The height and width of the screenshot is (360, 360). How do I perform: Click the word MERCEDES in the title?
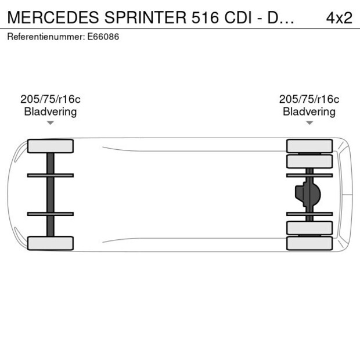pyautogui.click(x=53, y=17)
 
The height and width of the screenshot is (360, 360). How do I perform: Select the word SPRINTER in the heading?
pyautogui.click(x=146, y=17)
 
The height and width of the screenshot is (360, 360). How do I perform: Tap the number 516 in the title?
pyautogui.click(x=205, y=17)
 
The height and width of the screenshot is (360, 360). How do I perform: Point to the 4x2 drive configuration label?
pyautogui.click(x=339, y=17)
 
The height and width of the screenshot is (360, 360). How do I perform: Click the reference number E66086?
pyautogui.click(x=103, y=37)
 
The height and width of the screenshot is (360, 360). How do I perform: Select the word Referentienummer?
pyautogui.click(x=46, y=37)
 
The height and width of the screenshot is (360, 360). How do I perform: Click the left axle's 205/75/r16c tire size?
pyautogui.click(x=51, y=99)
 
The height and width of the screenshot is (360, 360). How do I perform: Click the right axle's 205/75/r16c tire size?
pyautogui.click(x=309, y=99)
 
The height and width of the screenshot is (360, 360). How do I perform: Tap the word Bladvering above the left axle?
pyautogui.click(x=51, y=112)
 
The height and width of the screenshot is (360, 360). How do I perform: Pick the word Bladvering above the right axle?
pyautogui.click(x=309, y=112)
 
